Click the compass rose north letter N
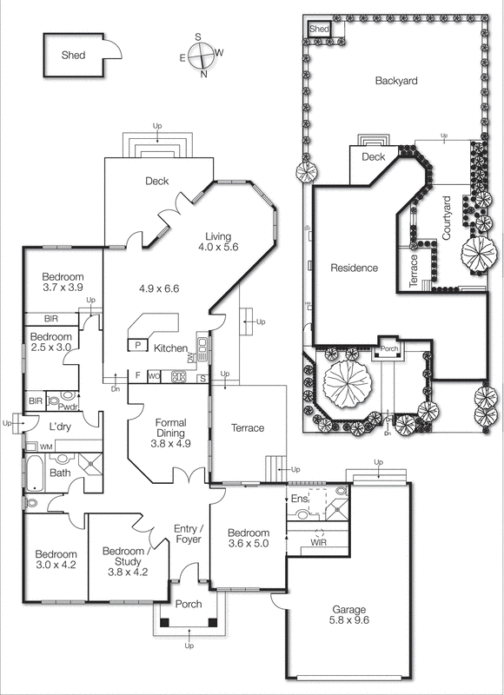tap(203, 75)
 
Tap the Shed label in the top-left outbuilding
tap(73, 55)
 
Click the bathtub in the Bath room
tap(34, 473)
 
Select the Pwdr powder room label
tap(69, 406)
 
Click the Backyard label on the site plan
tap(396, 81)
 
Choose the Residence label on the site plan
tap(354, 268)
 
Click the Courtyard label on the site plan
tap(447, 219)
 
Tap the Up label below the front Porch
tap(189, 646)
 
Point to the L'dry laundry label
tap(58, 427)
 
